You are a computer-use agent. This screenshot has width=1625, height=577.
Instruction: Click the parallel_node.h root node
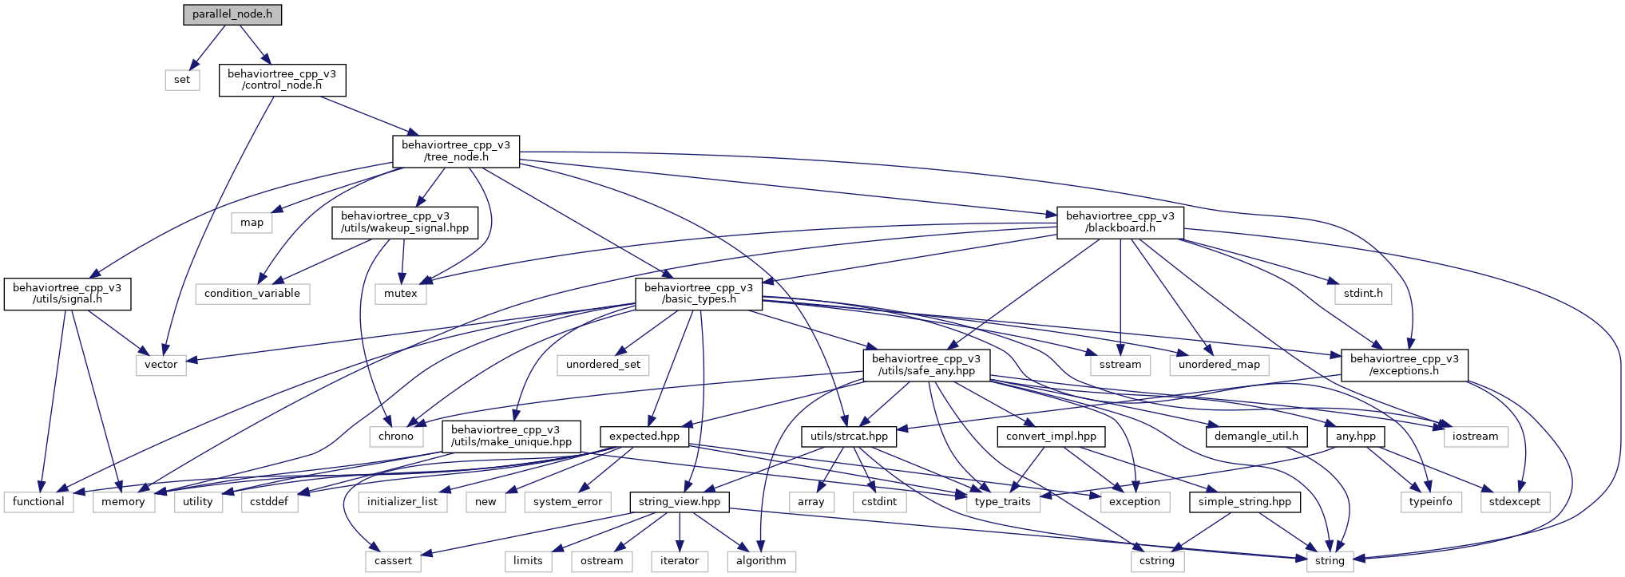click(x=232, y=14)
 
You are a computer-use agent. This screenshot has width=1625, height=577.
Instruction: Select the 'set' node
click(x=182, y=80)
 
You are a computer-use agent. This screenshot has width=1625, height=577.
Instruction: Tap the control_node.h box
click(x=282, y=80)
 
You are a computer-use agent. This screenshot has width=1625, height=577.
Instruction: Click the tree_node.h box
click(x=456, y=151)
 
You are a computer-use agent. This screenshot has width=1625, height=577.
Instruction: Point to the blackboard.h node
click(x=1120, y=222)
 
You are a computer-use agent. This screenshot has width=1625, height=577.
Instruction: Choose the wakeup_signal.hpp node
click(x=405, y=222)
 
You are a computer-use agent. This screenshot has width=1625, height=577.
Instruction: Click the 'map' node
click(x=252, y=223)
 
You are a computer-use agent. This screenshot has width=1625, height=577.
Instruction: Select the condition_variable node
click(x=252, y=294)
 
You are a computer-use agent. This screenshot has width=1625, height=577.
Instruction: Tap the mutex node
click(x=401, y=294)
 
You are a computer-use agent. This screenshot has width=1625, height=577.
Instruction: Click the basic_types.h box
click(x=699, y=294)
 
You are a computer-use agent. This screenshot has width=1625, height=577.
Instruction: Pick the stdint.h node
click(x=1363, y=294)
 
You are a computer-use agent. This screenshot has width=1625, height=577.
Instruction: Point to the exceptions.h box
click(x=1405, y=365)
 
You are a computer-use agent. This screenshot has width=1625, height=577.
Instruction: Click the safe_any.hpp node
click(x=927, y=365)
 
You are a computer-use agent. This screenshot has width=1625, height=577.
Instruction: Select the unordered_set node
click(x=604, y=365)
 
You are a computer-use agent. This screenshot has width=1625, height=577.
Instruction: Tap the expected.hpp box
click(x=644, y=437)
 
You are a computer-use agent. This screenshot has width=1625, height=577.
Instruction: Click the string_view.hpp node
click(x=680, y=502)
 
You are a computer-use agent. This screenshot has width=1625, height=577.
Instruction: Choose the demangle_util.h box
click(x=1257, y=437)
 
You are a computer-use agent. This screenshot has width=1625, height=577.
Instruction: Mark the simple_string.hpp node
click(x=1245, y=502)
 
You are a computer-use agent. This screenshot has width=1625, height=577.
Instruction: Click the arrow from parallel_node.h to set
click(x=207, y=47)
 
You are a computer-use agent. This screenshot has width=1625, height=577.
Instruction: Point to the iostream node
click(x=1476, y=437)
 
